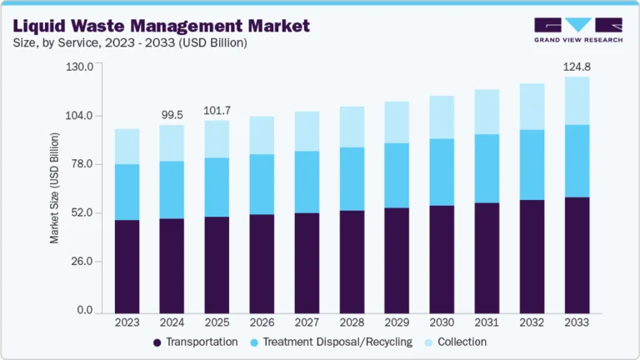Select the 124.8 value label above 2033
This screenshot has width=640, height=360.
[x=576, y=66]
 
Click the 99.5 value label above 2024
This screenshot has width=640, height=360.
[x=171, y=114]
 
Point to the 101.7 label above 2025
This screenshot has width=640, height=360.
[x=217, y=110]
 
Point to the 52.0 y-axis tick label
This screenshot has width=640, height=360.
[x=81, y=213]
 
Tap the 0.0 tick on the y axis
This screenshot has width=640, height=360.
[x=83, y=311]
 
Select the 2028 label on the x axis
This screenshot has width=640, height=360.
[x=352, y=322]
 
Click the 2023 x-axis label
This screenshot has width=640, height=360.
[x=127, y=322]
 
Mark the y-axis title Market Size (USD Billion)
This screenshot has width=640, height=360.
[x=55, y=188]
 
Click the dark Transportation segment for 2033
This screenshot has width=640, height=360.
[x=576, y=254]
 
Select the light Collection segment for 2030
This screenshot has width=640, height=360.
[x=442, y=117]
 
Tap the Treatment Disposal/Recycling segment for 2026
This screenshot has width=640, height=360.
[x=262, y=184]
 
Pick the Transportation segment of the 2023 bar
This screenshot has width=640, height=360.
[x=127, y=266]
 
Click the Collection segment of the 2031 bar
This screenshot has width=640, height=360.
[x=487, y=112]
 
